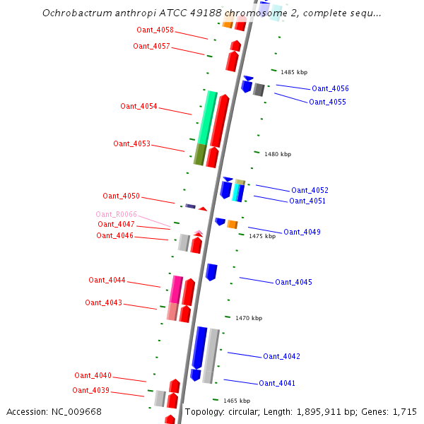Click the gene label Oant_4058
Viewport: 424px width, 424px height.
coord(155,30)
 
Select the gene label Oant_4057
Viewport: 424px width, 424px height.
coord(151,46)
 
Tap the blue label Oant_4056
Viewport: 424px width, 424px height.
coord(330,88)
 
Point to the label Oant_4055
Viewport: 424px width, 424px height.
coord(327,102)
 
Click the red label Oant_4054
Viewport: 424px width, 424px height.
coord(139,106)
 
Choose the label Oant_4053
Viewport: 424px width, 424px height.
coord(131,143)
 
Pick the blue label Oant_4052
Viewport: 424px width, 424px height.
coord(310,190)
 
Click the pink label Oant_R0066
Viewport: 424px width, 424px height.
coord(117,214)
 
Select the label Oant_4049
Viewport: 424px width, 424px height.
coord(302,232)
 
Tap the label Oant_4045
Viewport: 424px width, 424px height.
coord(293,282)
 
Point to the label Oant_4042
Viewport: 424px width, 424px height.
coord(281,356)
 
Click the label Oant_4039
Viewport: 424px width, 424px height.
coord(90,390)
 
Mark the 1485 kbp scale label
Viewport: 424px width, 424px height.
coord(294,72)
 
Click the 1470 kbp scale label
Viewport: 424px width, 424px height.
coord(249,318)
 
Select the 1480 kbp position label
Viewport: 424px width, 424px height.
coord(278,153)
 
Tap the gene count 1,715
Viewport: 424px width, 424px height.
coord(405,411)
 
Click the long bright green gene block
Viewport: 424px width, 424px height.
coord(208,117)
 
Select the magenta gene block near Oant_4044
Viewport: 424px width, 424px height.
coord(176,288)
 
